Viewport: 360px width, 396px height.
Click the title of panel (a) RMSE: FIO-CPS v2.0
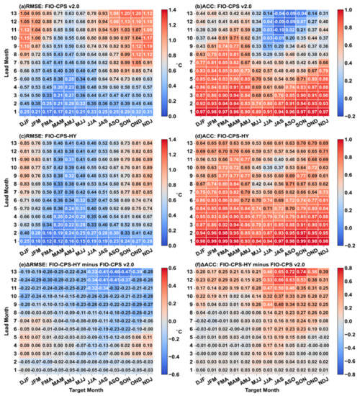pyautogui.click(x=48, y=6)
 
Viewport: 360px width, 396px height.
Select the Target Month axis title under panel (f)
pyautogui.click(x=259, y=392)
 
